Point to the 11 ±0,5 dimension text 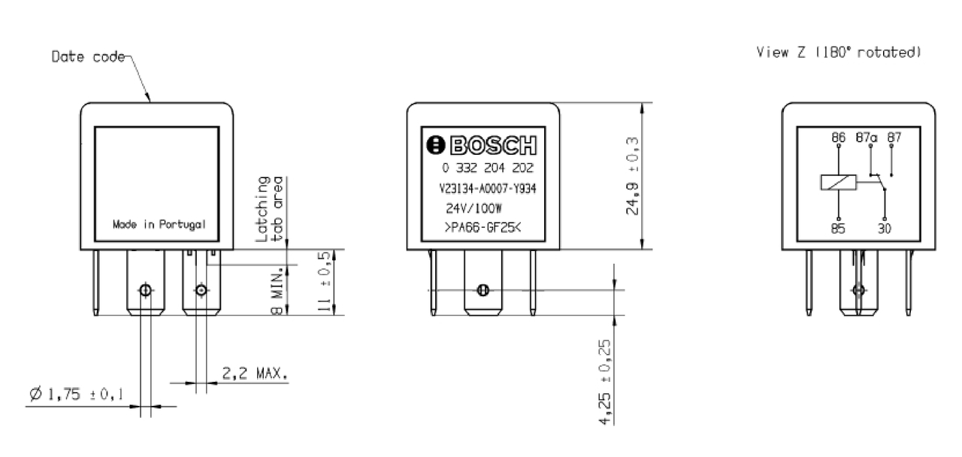[324, 282]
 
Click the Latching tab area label [270, 209]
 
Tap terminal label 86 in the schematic [839, 138]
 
